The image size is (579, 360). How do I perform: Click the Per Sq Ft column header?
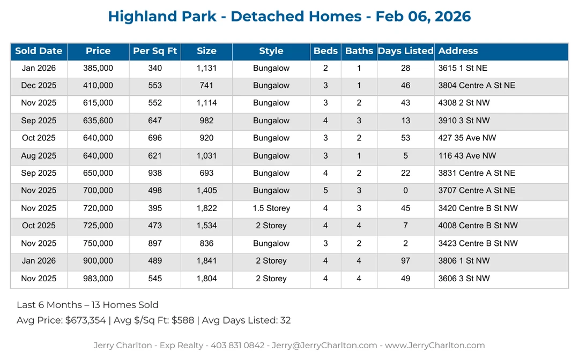click(x=155, y=51)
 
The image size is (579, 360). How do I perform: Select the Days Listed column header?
click(x=405, y=51)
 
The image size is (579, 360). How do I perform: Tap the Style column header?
click(x=271, y=51)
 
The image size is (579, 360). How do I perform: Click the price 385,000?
click(x=98, y=69)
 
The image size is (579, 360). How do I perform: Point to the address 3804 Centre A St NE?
click(x=477, y=86)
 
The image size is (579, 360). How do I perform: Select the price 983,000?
click(x=98, y=279)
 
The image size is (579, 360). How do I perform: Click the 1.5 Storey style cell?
click(x=271, y=208)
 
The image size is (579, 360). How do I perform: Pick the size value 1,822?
click(x=206, y=208)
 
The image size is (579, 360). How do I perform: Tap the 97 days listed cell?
click(x=405, y=261)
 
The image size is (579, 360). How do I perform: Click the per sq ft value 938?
click(x=155, y=174)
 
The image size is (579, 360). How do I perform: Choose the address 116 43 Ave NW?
click(x=467, y=156)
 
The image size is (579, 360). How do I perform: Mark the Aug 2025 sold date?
click(x=39, y=156)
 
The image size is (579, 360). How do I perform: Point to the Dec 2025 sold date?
click(x=39, y=86)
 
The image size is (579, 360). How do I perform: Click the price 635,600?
click(x=98, y=121)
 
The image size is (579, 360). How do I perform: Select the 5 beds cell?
click(x=325, y=191)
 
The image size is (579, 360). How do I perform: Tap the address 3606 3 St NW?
click(x=464, y=279)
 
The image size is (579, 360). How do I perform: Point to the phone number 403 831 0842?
click(x=239, y=346)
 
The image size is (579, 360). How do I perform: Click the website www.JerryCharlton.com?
click(x=435, y=346)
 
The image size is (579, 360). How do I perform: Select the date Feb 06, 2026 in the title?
click(x=423, y=17)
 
